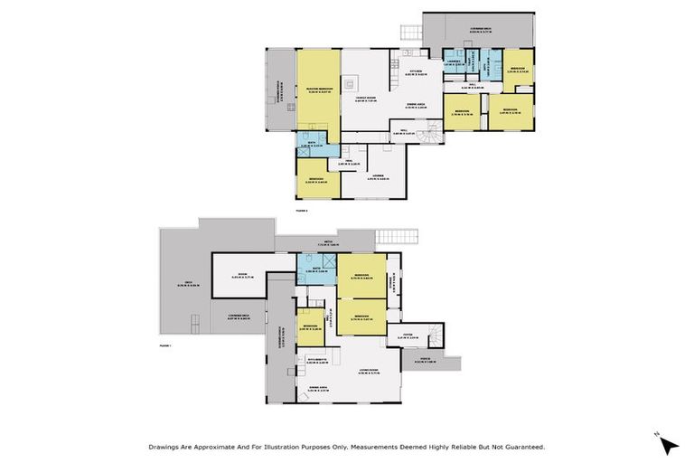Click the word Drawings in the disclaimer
point(164,446)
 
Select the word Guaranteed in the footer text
point(521,446)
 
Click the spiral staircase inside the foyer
point(435,335)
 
